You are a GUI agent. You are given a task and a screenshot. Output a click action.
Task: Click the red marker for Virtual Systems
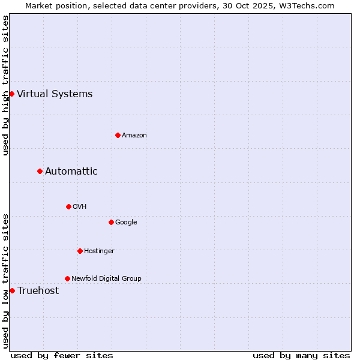tap(11, 94)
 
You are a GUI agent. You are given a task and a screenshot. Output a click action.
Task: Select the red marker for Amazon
tap(118, 135)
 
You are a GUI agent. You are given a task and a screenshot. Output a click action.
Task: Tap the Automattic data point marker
tap(40, 172)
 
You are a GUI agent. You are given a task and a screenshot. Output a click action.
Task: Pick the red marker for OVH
tap(68, 206)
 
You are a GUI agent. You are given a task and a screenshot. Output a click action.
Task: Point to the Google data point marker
tap(111, 222)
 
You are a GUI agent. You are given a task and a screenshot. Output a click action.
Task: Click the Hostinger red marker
tap(80, 251)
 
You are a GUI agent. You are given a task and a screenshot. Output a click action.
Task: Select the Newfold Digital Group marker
tap(67, 278)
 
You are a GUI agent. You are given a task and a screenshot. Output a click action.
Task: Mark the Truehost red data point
tap(12, 290)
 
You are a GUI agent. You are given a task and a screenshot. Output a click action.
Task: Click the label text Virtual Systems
tap(55, 94)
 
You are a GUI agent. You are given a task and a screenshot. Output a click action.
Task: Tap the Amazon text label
tap(134, 136)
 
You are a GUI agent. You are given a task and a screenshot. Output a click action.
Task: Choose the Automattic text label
tap(71, 172)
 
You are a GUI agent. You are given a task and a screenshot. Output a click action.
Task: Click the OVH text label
tap(80, 207)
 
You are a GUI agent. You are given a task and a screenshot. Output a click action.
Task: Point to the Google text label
tap(126, 223)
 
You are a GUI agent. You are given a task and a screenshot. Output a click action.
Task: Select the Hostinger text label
tap(99, 251)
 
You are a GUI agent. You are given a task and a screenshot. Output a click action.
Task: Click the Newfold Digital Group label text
tap(106, 279)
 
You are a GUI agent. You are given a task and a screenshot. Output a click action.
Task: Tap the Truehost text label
tap(38, 291)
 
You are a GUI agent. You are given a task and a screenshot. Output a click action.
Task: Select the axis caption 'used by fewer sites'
tap(62, 355)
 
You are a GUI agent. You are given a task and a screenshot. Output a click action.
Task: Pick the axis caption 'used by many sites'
tap(301, 355)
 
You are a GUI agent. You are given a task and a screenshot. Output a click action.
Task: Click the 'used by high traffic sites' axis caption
tap(6, 85)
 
